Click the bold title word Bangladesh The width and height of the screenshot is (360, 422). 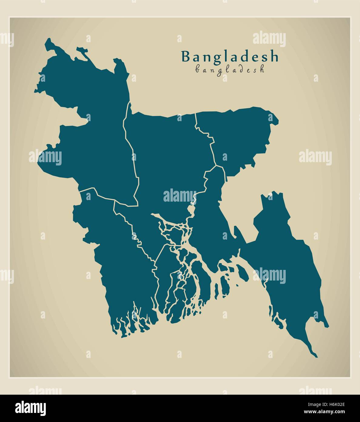230,56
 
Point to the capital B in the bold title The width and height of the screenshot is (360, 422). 186,57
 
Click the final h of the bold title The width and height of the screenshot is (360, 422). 274,56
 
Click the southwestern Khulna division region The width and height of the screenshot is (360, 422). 121,264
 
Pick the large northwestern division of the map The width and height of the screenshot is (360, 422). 88,128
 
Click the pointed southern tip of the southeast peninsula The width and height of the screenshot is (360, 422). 316,356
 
